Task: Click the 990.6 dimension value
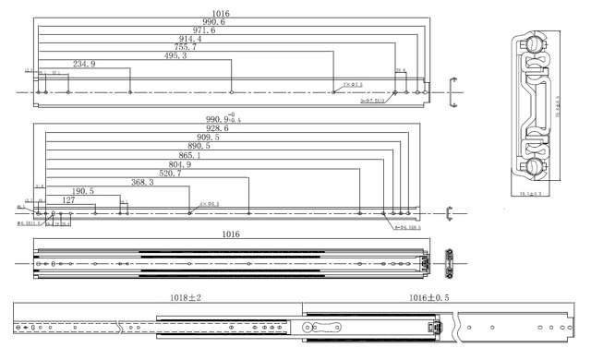coord(214,22)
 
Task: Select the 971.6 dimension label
coord(201,30)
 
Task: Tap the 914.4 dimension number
coord(190,39)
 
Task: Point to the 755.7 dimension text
coord(185,47)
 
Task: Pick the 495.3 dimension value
coord(174,55)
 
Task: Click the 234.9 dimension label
coord(84,64)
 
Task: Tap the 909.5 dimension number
coord(203,137)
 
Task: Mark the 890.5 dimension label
coord(199,146)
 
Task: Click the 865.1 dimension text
coord(186,155)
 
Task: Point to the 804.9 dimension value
coord(174,164)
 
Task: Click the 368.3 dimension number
coord(142,182)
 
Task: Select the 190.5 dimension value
coord(82,191)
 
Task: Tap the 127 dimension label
coord(68,199)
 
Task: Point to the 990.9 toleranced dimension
coord(222,119)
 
